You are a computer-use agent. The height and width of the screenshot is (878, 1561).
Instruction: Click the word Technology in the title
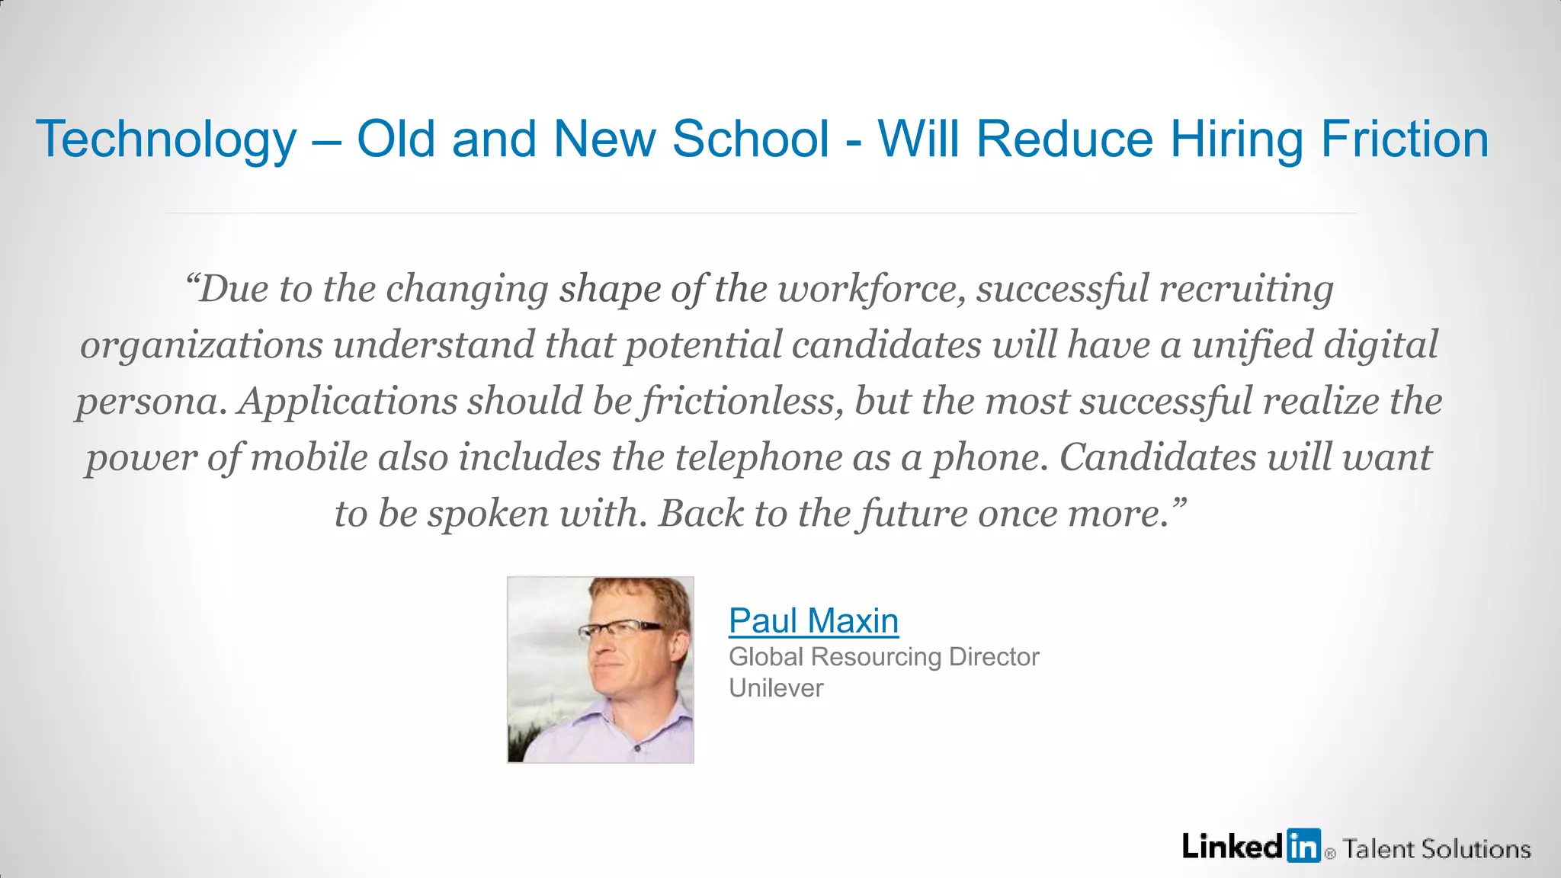point(166,140)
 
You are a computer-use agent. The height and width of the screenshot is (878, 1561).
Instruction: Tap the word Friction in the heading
point(1404,139)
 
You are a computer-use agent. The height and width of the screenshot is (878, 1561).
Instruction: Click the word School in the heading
point(750,139)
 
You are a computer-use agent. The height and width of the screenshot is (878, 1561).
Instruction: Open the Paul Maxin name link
point(813,620)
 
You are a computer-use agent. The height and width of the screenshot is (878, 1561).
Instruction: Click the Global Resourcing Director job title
point(883,656)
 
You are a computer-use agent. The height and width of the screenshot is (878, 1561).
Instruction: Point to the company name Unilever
point(776,688)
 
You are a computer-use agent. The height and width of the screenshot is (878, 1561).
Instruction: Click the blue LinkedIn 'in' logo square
point(1303,845)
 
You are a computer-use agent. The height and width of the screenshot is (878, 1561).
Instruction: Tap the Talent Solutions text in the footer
point(1436,849)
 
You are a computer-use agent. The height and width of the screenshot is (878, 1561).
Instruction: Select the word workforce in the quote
point(870,289)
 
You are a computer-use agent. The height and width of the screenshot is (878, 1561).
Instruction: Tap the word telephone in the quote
point(758,457)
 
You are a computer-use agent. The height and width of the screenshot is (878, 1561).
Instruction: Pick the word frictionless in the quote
point(742,402)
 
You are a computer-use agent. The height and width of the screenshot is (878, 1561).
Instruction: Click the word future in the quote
point(913,514)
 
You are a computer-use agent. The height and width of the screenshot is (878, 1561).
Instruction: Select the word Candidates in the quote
point(1158,457)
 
